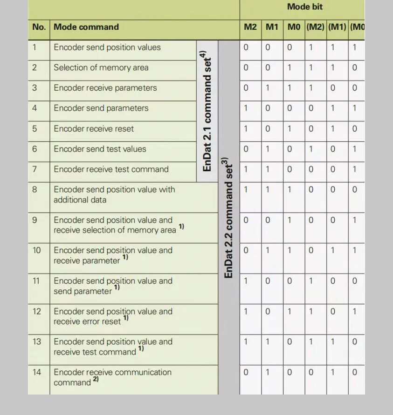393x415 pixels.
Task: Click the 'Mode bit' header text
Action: click(x=305, y=7)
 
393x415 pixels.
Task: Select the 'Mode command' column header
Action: click(x=86, y=27)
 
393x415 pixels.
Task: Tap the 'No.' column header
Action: click(x=39, y=27)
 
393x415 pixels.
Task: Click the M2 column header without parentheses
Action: click(x=250, y=27)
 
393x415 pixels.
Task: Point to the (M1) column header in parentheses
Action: click(x=337, y=27)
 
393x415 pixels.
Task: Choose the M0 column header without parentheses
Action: click(x=294, y=27)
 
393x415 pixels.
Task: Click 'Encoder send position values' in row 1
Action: click(x=107, y=47)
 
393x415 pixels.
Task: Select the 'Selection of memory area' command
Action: click(x=101, y=68)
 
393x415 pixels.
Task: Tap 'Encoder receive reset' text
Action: click(x=94, y=129)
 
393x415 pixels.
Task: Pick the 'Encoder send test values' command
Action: click(x=100, y=149)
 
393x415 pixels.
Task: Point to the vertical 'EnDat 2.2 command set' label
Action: click(x=228, y=219)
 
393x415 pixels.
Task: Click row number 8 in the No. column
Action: click(x=34, y=190)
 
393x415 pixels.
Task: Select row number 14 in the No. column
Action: click(x=37, y=372)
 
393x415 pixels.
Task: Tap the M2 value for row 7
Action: click(x=246, y=169)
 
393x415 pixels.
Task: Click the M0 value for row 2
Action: click(x=290, y=68)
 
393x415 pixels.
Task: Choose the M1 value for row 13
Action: click(x=268, y=342)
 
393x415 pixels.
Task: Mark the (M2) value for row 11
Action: click(x=311, y=281)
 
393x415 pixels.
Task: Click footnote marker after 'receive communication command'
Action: click(x=96, y=380)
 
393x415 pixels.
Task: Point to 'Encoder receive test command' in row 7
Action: click(x=111, y=169)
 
